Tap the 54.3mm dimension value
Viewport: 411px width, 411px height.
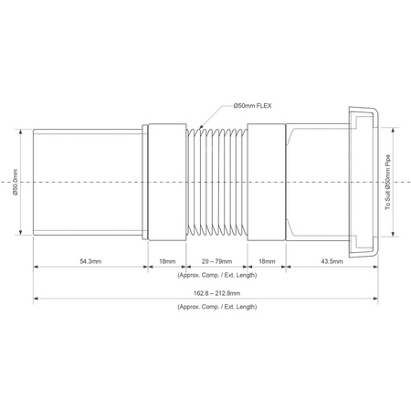90,261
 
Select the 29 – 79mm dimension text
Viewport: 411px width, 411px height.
216,261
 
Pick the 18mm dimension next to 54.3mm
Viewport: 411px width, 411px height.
166,261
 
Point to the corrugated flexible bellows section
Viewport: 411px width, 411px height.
216,183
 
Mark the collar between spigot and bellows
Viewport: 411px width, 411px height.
166,183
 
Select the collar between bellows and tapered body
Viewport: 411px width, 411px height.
265,183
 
